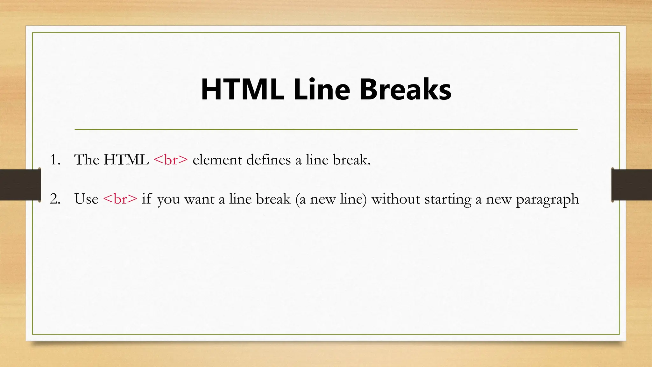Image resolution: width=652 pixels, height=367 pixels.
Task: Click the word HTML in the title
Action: coord(242,90)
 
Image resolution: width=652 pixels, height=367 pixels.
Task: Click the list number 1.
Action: coord(55,160)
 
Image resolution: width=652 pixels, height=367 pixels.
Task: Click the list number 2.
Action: coord(55,199)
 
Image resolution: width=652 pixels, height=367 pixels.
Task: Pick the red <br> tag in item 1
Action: coord(171,160)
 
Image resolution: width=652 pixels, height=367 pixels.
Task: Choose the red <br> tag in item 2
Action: coord(120,199)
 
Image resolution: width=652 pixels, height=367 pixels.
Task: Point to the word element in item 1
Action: coord(217,160)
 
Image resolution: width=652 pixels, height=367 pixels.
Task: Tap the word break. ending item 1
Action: coord(352,160)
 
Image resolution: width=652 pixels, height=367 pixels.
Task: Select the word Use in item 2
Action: coord(86,199)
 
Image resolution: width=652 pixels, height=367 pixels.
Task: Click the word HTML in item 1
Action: coord(126,160)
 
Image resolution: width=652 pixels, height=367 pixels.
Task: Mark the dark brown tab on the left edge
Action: coord(20,185)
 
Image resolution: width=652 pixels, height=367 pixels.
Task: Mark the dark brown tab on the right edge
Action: coord(632,185)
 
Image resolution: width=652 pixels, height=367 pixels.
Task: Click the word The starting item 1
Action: coord(87,160)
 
